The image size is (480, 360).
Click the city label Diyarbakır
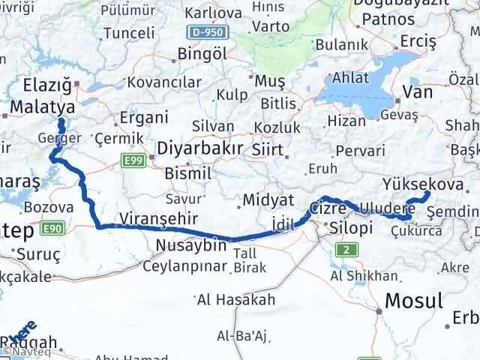[x=200, y=149]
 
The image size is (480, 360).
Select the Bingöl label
[x=202, y=55]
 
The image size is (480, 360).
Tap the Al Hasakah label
[x=236, y=301]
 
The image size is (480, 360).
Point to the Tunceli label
[x=129, y=34]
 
